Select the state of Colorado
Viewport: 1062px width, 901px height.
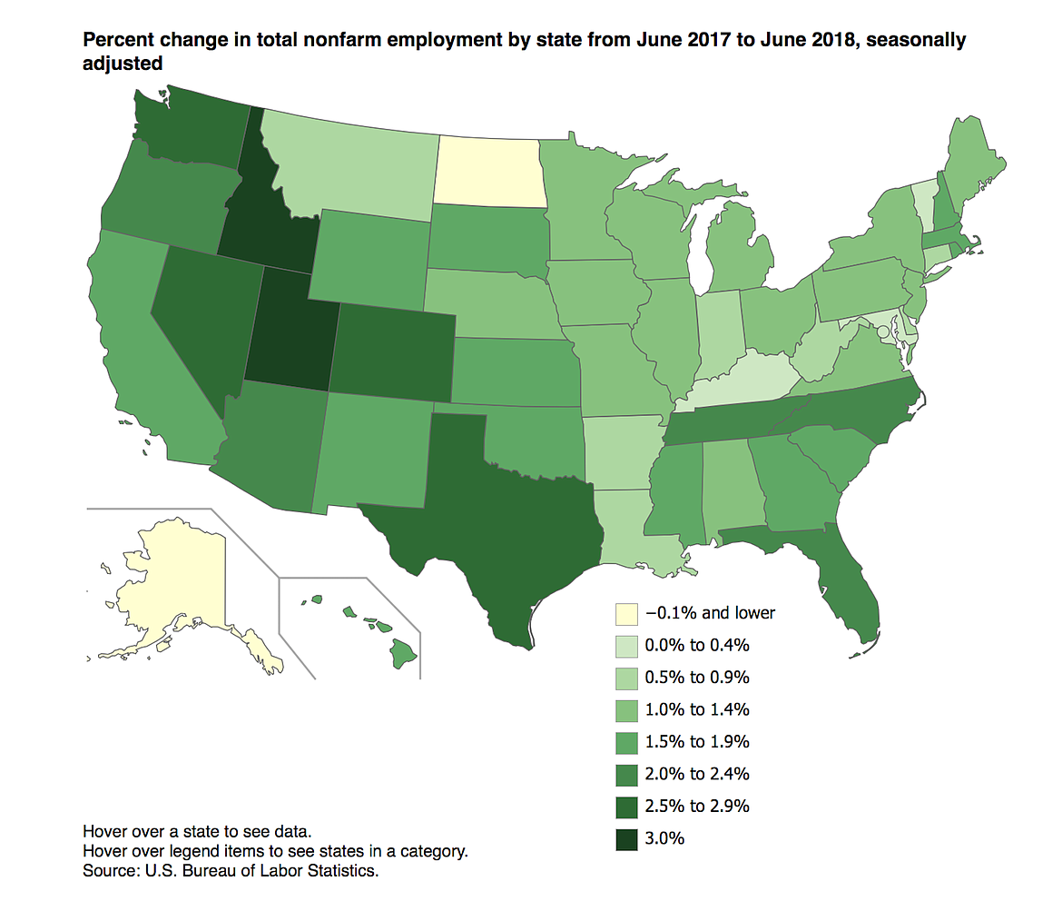[395, 350]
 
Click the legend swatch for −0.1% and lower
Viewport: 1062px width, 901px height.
[625, 613]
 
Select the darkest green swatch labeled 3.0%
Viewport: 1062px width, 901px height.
[625, 838]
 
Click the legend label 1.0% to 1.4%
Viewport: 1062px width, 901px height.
[697, 709]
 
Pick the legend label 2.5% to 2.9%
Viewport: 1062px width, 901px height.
[697, 806]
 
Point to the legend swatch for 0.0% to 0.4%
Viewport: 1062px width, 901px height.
[625, 645]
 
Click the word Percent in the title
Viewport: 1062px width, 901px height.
[114, 41]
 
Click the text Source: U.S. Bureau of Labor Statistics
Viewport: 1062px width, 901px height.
[230, 871]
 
